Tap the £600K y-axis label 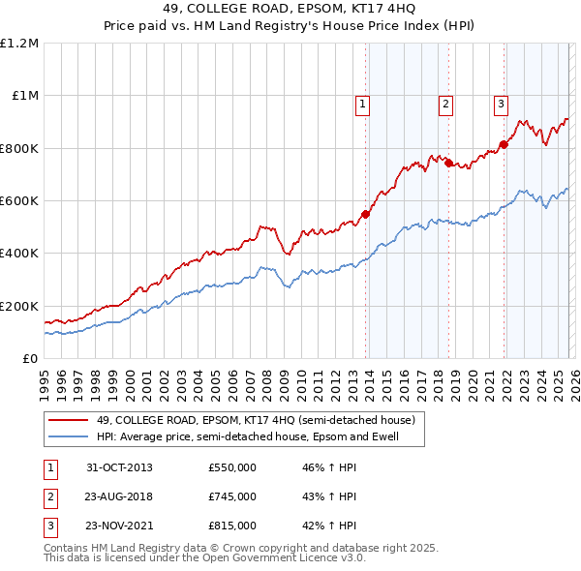[19, 201]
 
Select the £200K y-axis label [19, 306]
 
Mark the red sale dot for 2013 [366, 214]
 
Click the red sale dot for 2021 [504, 145]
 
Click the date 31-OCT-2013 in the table [119, 467]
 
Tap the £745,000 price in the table [232, 496]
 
